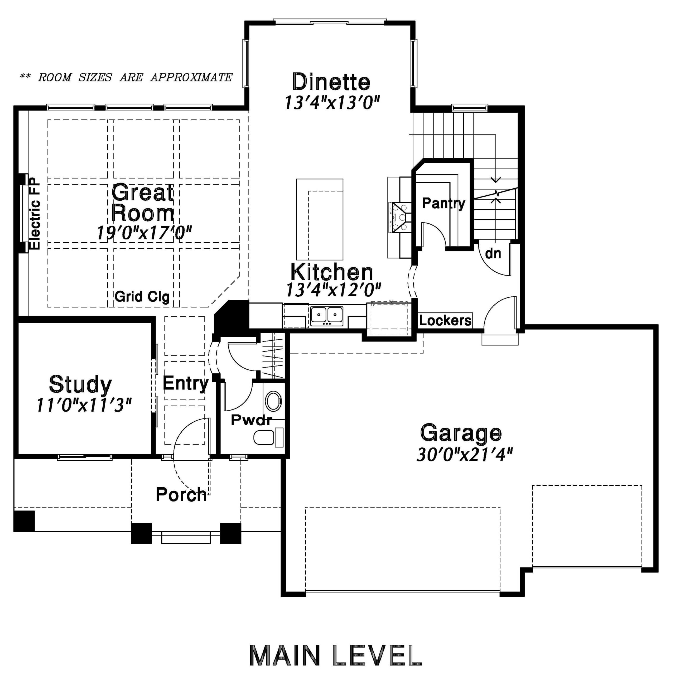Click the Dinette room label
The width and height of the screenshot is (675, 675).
(x=331, y=82)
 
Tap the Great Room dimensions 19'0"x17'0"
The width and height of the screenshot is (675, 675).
(x=144, y=233)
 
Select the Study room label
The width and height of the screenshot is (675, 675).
(x=80, y=385)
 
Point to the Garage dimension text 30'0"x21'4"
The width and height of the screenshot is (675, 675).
(x=465, y=455)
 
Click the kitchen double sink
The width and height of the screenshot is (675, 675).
(x=327, y=316)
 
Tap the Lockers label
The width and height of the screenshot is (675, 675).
(x=445, y=320)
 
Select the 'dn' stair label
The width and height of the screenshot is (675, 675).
(x=493, y=253)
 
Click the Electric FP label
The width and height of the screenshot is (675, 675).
(x=35, y=214)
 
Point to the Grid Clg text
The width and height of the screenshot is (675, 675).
(x=142, y=297)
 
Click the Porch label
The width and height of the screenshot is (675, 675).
(x=181, y=494)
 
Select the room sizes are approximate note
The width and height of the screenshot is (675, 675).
(x=126, y=77)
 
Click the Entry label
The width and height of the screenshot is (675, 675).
(x=186, y=383)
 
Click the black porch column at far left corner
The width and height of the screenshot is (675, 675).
(x=24, y=521)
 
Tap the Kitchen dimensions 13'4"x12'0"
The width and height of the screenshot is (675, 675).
(x=333, y=290)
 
